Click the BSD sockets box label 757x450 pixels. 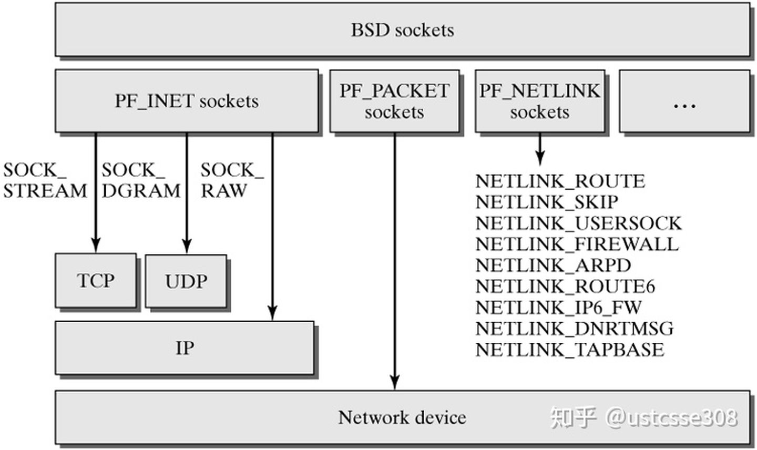click(402, 30)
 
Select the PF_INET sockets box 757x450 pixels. click(187, 101)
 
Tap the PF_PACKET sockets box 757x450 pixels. click(394, 101)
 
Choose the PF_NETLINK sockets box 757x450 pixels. click(539, 101)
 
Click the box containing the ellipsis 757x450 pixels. click(684, 101)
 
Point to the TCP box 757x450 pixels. click(96, 281)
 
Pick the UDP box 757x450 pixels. click(186, 281)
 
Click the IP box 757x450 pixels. click(185, 348)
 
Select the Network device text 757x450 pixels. click(402, 417)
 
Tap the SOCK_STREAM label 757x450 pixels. click(44, 180)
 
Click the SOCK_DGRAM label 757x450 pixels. click(140, 180)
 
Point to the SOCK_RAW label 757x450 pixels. click(231, 180)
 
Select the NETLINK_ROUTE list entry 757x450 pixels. click(560, 181)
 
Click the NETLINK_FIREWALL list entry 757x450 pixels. click(577, 244)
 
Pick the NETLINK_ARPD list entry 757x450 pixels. click(553, 265)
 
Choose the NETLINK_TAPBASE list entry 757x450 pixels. click(569, 350)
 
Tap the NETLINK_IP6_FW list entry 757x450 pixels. click(558, 308)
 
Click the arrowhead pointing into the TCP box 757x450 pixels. click(96, 246)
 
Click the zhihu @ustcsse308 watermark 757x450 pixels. click(643, 417)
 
